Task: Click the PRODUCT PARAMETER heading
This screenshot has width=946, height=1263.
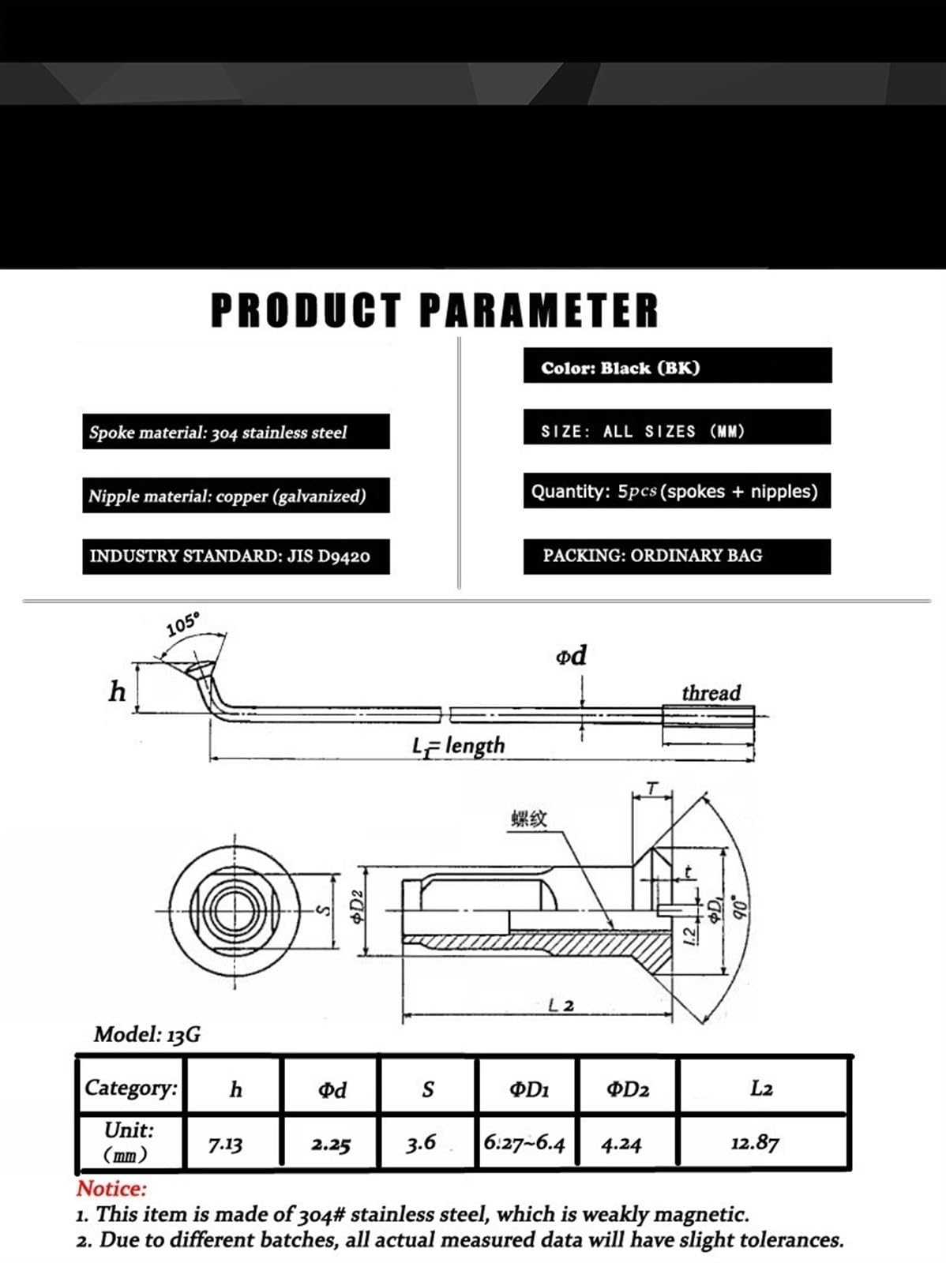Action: [x=434, y=310]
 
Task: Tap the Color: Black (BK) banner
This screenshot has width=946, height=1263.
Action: [x=678, y=365]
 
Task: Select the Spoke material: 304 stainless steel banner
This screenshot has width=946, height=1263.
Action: [x=236, y=431]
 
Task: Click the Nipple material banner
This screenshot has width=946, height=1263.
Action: [x=236, y=495]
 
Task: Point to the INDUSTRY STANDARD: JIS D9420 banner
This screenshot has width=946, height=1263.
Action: [x=236, y=557]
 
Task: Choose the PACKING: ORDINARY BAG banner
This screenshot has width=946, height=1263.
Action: [x=677, y=557]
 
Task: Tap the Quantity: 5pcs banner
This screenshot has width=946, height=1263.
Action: [x=677, y=490]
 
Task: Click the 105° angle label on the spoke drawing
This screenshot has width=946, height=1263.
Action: [x=183, y=625]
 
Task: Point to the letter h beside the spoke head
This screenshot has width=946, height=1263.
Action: [x=118, y=691]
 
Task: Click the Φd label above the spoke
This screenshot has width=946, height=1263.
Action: [x=571, y=655]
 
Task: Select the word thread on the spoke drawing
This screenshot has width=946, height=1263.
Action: [x=711, y=693]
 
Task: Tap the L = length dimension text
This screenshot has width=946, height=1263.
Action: [x=459, y=746]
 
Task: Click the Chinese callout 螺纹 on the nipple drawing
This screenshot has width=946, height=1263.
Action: [x=529, y=819]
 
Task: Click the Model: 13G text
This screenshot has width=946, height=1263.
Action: [x=148, y=1035]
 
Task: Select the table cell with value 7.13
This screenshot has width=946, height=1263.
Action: [x=233, y=1143]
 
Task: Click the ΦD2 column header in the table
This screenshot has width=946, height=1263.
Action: [x=628, y=1089]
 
